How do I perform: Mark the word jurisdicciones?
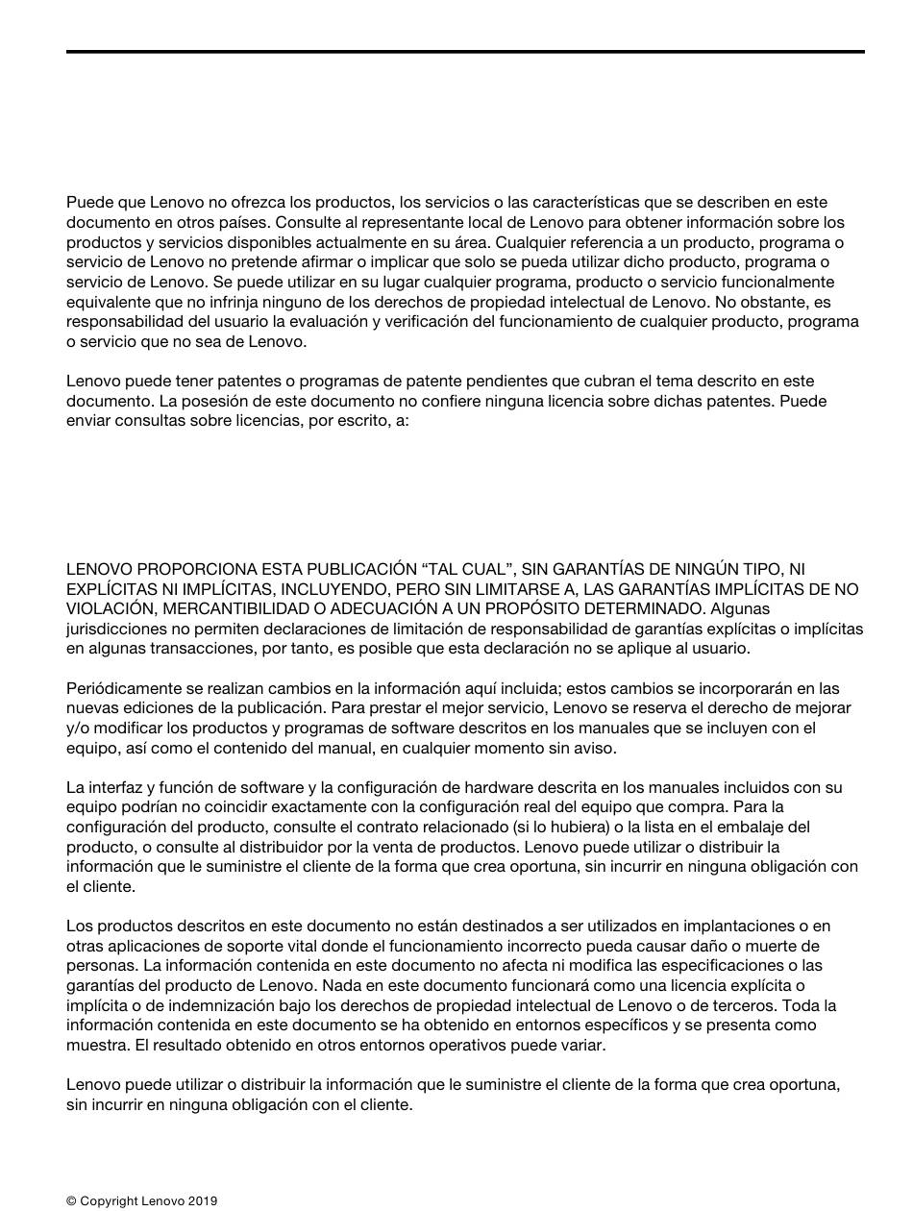click(112, 629)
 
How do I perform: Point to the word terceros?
click(745, 1005)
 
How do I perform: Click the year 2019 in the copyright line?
click(203, 1200)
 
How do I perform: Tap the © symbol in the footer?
click(71, 1200)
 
